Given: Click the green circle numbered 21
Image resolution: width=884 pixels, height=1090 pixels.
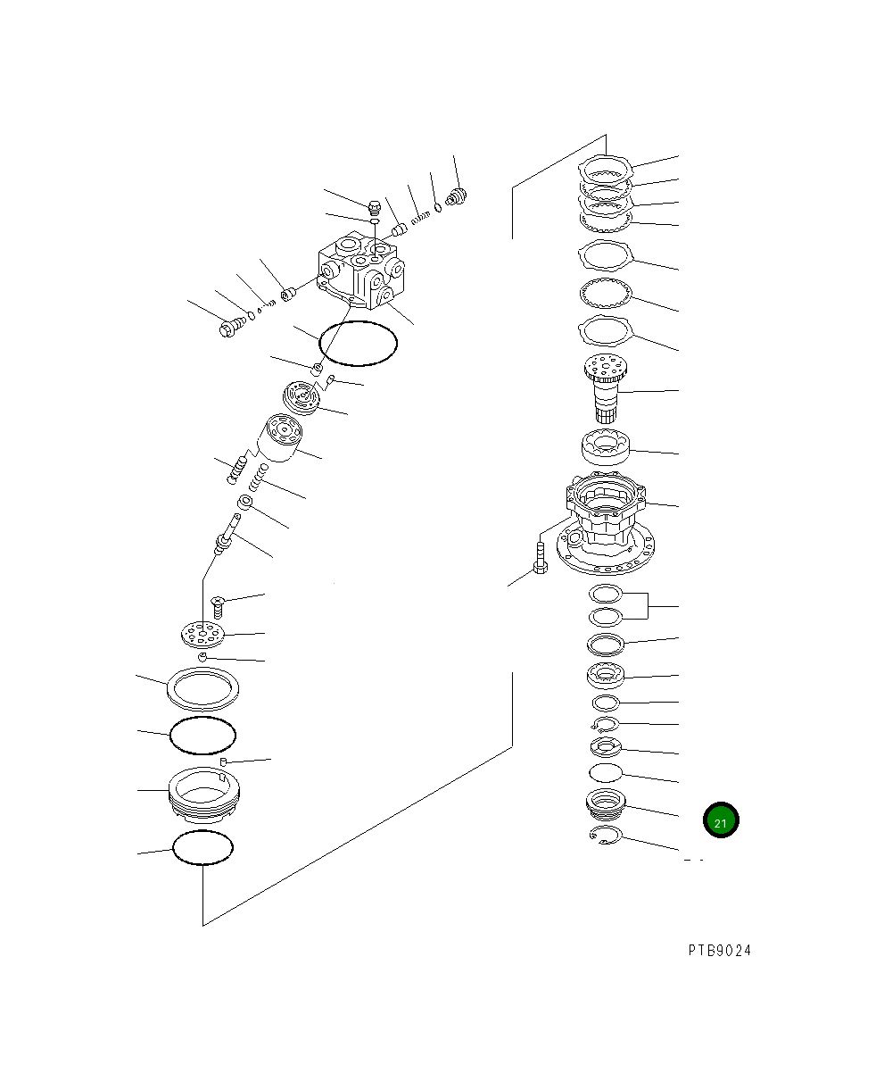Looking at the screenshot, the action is [x=721, y=820].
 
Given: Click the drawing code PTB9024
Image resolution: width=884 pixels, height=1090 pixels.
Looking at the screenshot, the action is [x=719, y=951].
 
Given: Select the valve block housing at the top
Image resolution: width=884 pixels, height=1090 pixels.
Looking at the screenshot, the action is [x=361, y=270].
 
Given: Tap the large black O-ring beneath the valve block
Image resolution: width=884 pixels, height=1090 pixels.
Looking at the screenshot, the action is [x=358, y=344].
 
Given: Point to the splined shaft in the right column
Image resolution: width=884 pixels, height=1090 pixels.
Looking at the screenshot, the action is [x=606, y=388].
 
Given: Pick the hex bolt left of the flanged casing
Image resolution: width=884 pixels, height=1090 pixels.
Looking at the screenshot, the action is [x=541, y=559].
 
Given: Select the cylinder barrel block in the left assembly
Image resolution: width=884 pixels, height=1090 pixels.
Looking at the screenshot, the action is [x=280, y=437].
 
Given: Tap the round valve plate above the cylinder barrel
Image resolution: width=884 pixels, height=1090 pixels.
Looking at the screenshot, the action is [x=302, y=398].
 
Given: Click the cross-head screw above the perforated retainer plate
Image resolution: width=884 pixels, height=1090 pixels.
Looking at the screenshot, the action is [x=218, y=607].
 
